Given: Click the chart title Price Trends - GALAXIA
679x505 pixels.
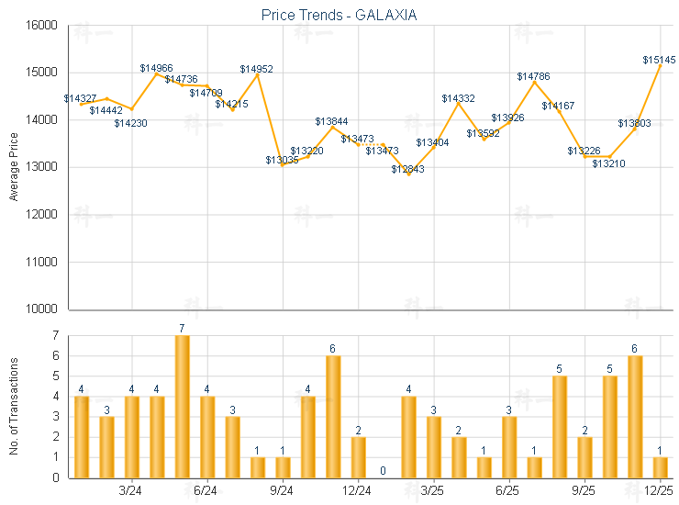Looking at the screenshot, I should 339,15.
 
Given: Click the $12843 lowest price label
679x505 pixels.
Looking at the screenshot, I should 408,169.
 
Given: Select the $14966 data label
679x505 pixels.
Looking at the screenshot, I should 157,68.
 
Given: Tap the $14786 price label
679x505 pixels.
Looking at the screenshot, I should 533,76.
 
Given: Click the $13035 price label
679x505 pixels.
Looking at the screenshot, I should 283,160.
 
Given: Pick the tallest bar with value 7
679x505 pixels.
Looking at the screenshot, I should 183,406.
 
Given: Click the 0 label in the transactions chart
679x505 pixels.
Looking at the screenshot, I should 383,471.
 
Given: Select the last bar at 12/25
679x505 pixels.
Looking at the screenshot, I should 661,466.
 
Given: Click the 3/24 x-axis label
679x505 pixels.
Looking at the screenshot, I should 131,491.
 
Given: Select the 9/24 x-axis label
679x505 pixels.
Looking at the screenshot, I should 283,491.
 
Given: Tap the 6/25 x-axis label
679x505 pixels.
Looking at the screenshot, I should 508,491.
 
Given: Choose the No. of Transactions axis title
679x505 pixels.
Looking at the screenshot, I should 13,406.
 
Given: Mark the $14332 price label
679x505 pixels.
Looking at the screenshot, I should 458,98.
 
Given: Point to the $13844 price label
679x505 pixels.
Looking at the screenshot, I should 332,121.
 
